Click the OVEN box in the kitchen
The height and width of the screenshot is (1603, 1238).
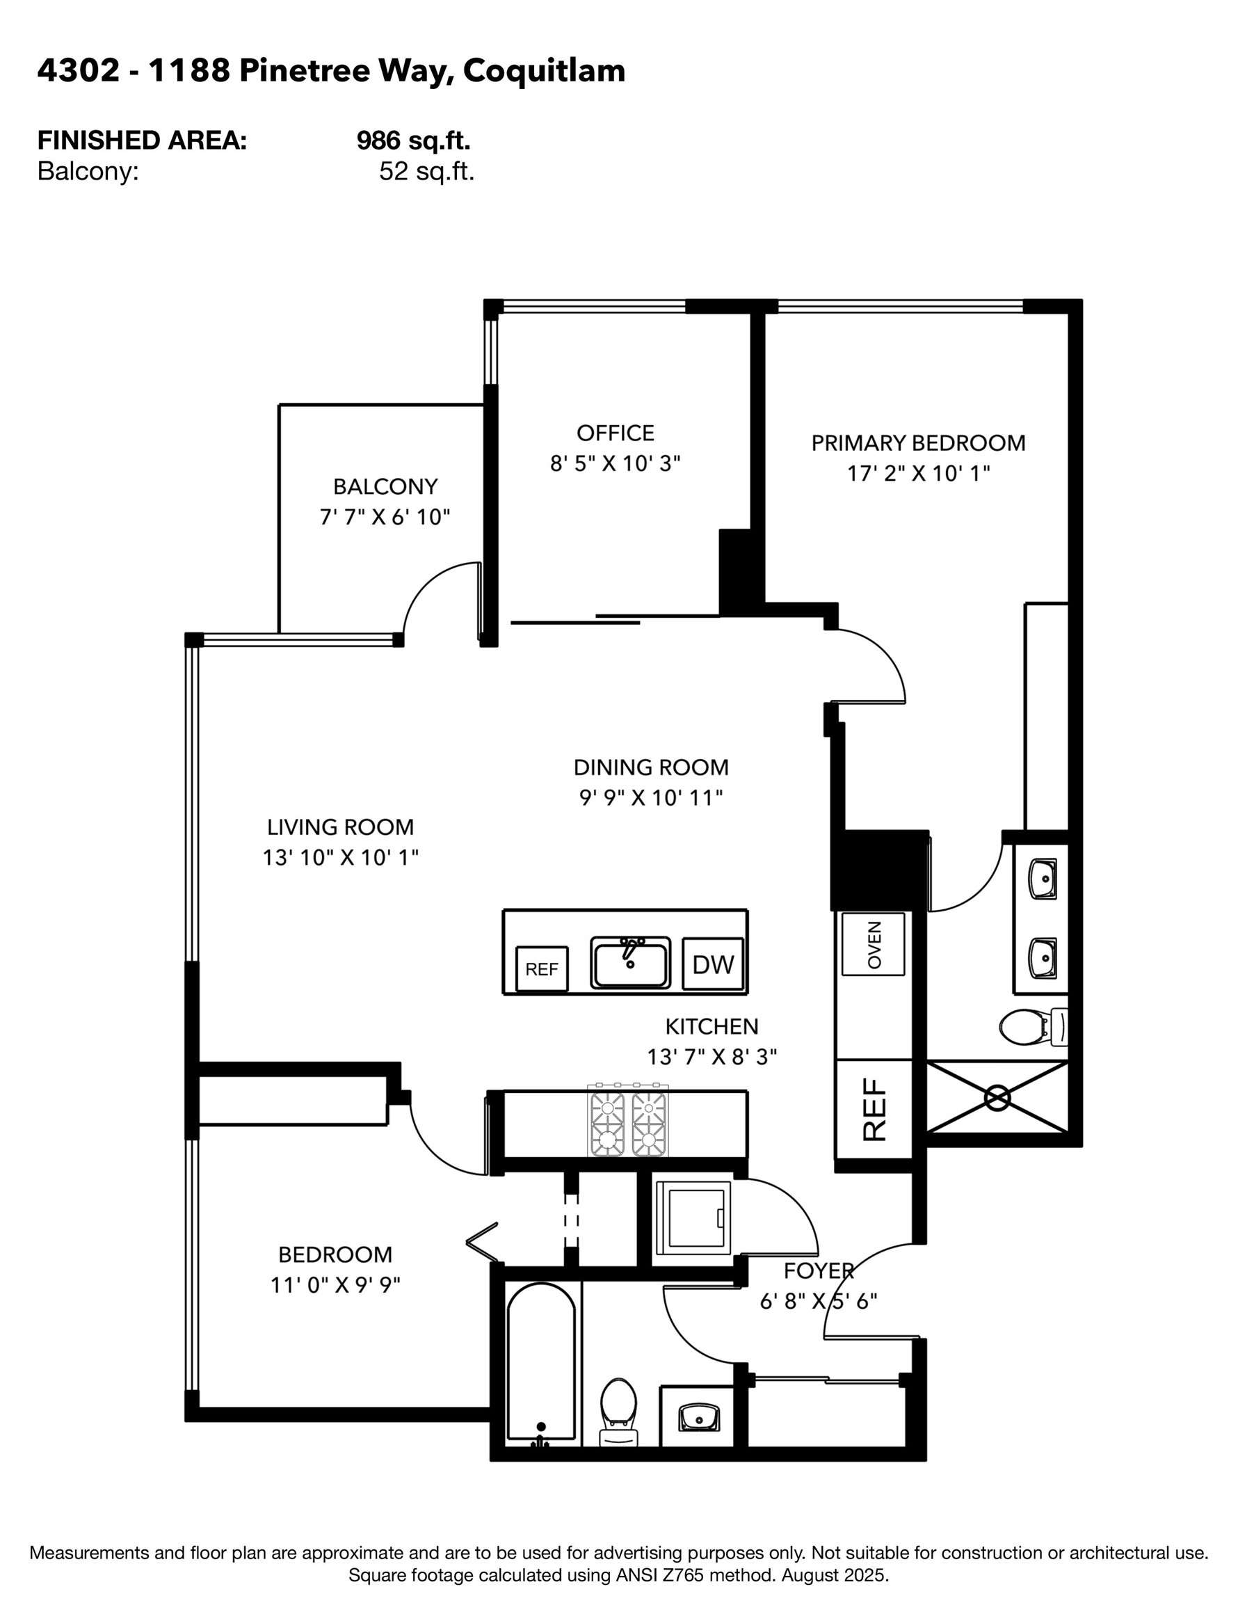[x=874, y=944]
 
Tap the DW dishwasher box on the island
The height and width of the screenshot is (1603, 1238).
[x=713, y=964]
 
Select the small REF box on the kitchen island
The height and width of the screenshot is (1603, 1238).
[x=542, y=969]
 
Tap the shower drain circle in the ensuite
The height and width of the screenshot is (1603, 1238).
[x=997, y=1098]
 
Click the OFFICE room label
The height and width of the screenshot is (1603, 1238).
[x=615, y=433]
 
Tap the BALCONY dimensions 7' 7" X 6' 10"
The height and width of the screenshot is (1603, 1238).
[x=385, y=518]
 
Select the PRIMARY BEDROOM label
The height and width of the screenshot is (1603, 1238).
[x=918, y=442]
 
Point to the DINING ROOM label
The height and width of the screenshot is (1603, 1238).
[x=651, y=767]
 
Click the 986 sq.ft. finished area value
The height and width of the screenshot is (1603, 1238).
[x=413, y=139]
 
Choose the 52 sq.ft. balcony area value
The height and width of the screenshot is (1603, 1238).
[x=426, y=172]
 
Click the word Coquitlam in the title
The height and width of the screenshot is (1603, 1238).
[x=544, y=71]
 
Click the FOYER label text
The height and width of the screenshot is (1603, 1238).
[x=818, y=1270]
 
